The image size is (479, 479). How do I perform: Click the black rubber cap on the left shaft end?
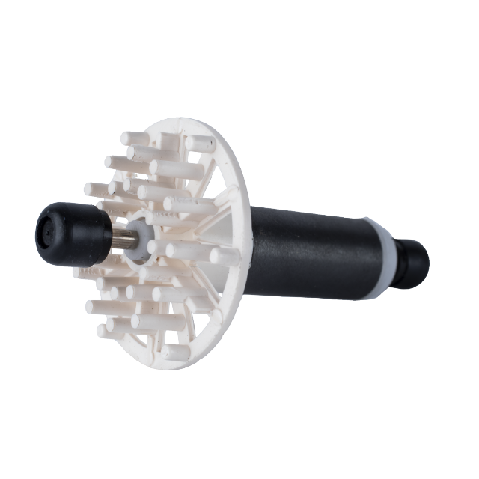tap(64, 228)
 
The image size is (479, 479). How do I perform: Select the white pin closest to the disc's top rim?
tap(201, 143)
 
